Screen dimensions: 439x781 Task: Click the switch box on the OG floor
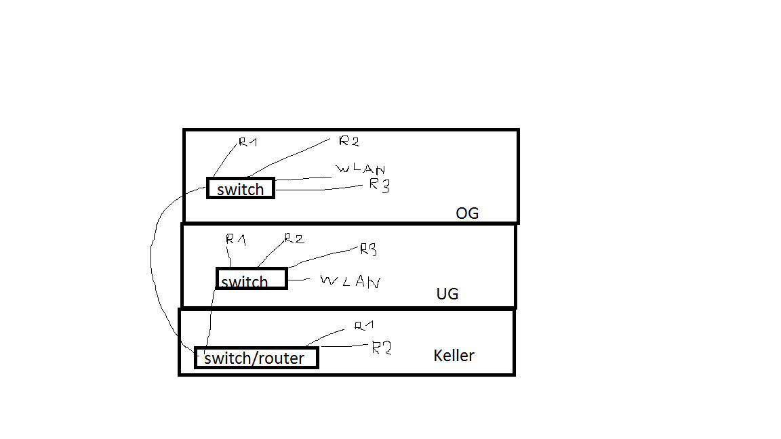241,188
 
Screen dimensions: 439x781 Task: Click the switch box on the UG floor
252,278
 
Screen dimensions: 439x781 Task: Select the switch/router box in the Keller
256,358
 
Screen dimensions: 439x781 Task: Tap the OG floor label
467,213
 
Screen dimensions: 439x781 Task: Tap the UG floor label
447,294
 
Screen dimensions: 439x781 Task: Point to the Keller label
454,356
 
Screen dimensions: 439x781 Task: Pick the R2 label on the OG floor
348,141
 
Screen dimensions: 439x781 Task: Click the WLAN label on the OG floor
360,169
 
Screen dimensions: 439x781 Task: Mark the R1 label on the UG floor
235,238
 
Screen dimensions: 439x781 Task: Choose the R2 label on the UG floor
294,238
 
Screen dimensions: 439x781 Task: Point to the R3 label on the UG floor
368,249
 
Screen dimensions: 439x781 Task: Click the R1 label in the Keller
365,326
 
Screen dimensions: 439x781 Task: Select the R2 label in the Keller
382,348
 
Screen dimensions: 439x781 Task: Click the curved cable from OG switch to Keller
152,264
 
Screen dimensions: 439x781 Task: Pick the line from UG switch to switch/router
210,318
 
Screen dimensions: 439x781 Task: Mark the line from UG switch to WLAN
298,278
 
